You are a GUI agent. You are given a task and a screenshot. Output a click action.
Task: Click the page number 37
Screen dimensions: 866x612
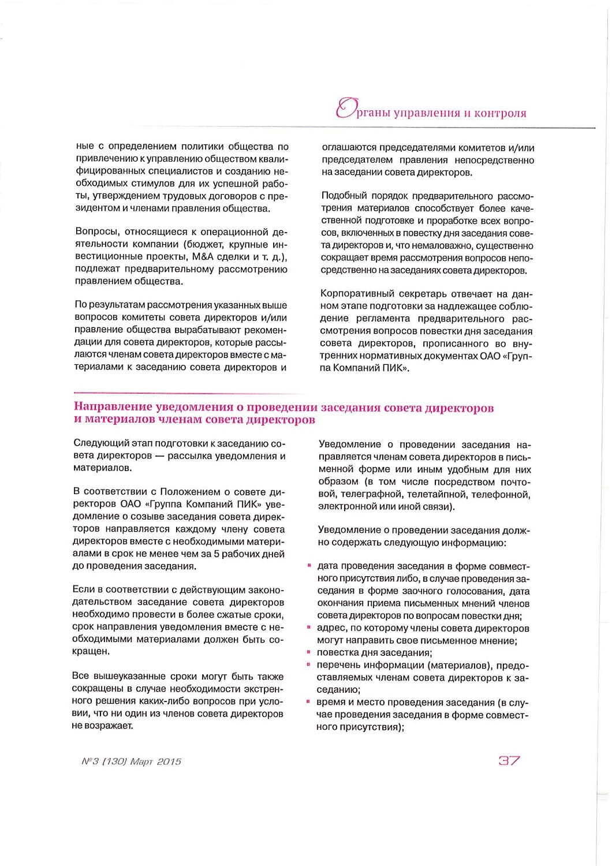(x=509, y=760)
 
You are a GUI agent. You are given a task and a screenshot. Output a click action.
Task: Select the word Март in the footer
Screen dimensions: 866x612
(x=141, y=762)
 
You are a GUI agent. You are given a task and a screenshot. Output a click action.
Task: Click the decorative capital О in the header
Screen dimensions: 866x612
(x=345, y=110)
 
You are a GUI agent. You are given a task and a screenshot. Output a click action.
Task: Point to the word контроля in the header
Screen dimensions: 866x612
(x=500, y=113)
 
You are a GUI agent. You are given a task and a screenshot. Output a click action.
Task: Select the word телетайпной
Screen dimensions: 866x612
(x=438, y=494)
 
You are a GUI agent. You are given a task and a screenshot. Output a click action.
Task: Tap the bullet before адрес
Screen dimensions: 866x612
(x=310, y=626)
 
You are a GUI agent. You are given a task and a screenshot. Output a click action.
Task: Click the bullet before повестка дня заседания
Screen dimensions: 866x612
(x=310, y=651)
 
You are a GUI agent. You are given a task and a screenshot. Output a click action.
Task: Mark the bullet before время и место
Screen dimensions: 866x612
(x=310, y=701)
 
